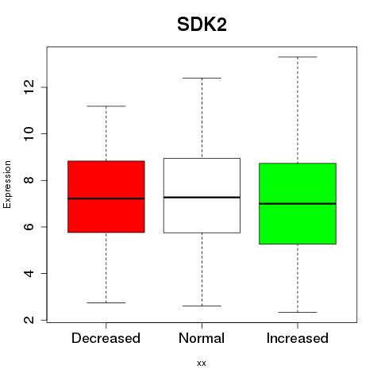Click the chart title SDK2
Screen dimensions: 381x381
click(202, 25)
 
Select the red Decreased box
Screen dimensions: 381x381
click(106, 197)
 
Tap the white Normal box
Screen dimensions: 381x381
click(202, 195)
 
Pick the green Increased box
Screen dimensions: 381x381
click(298, 203)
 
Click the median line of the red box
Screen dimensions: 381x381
click(106, 198)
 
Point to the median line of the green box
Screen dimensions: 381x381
click(298, 203)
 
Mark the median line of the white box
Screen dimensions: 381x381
click(202, 197)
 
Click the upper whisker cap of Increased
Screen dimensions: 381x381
click(298, 57)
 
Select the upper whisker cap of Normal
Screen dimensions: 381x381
click(202, 78)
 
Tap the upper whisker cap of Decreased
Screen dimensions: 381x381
click(106, 106)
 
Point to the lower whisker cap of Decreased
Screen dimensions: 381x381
click(106, 302)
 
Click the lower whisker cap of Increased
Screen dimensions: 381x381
click(298, 312)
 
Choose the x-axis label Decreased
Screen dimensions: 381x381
click(106, 338)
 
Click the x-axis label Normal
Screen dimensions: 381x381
click(202, 338)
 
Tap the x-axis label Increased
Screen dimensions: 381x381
click(298, 338)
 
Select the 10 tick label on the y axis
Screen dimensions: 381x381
click(29, 133)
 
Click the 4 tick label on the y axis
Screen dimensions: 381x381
click(29, 273)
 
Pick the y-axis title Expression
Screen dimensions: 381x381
click(7, 184)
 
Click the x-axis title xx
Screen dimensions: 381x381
click(202, 364)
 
